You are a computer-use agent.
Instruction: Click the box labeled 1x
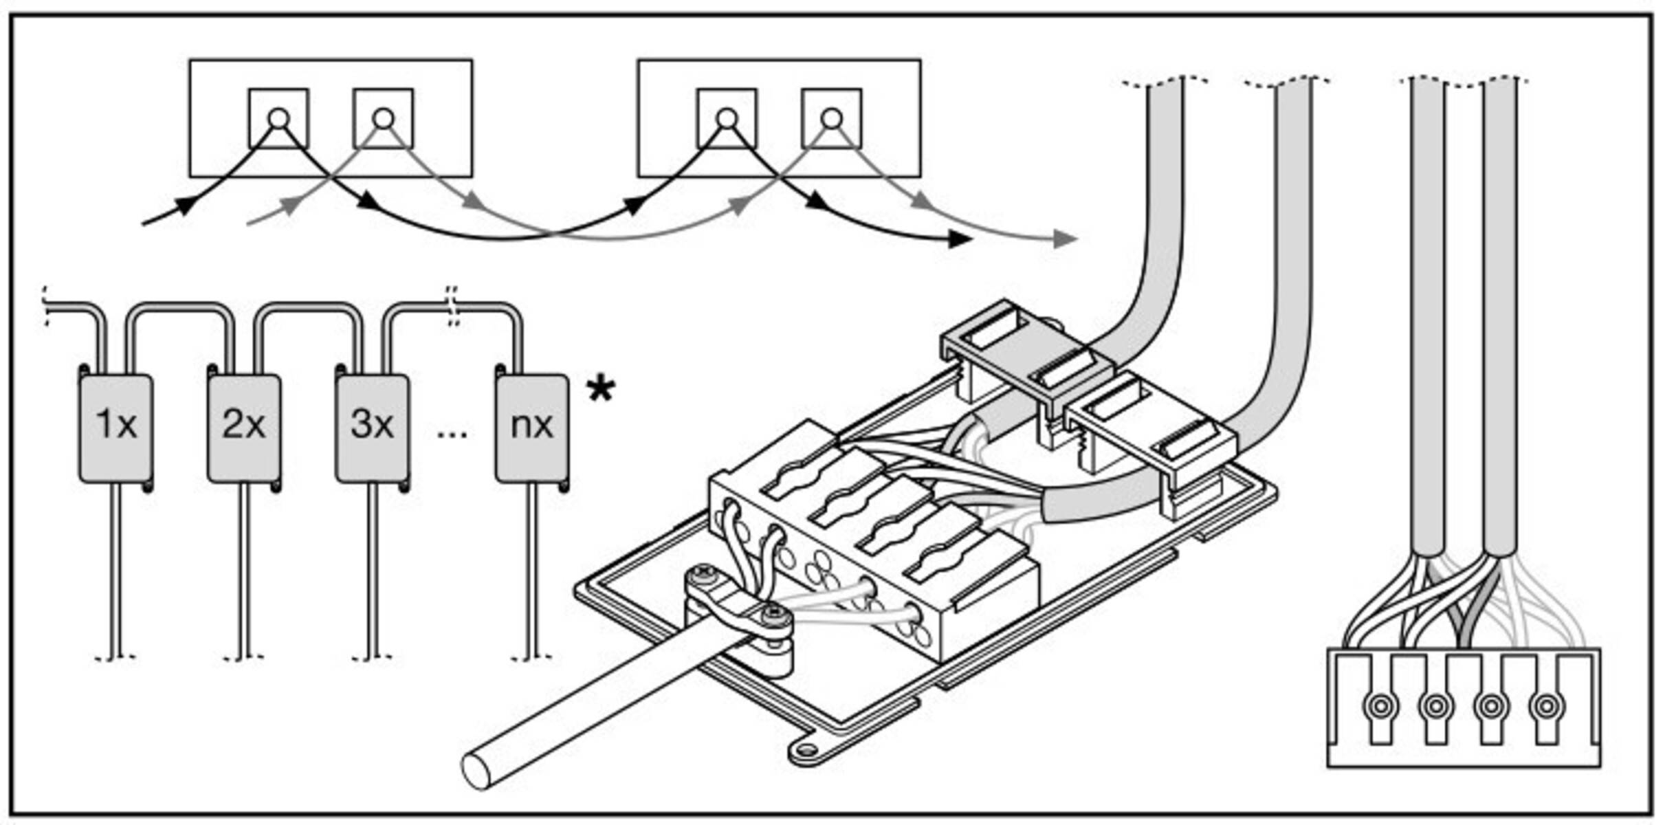[115, 428]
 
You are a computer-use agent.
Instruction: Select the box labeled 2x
[244, 428]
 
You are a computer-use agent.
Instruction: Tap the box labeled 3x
[372, 428]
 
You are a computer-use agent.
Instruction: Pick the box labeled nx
[531, 428]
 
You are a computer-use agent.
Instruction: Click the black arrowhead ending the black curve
[960, 239]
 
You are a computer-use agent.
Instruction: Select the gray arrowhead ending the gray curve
[1066, 239]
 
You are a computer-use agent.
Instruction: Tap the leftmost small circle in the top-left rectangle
[278, 119]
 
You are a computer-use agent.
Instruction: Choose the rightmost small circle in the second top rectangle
[832, 119]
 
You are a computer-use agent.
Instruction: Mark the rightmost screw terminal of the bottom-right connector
[1546, 705]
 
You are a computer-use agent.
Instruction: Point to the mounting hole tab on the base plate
[806, 750]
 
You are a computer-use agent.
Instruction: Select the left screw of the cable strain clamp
[703, 572]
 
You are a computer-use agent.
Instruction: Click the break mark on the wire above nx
[452, 306]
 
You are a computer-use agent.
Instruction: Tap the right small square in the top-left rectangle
[384, 118]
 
